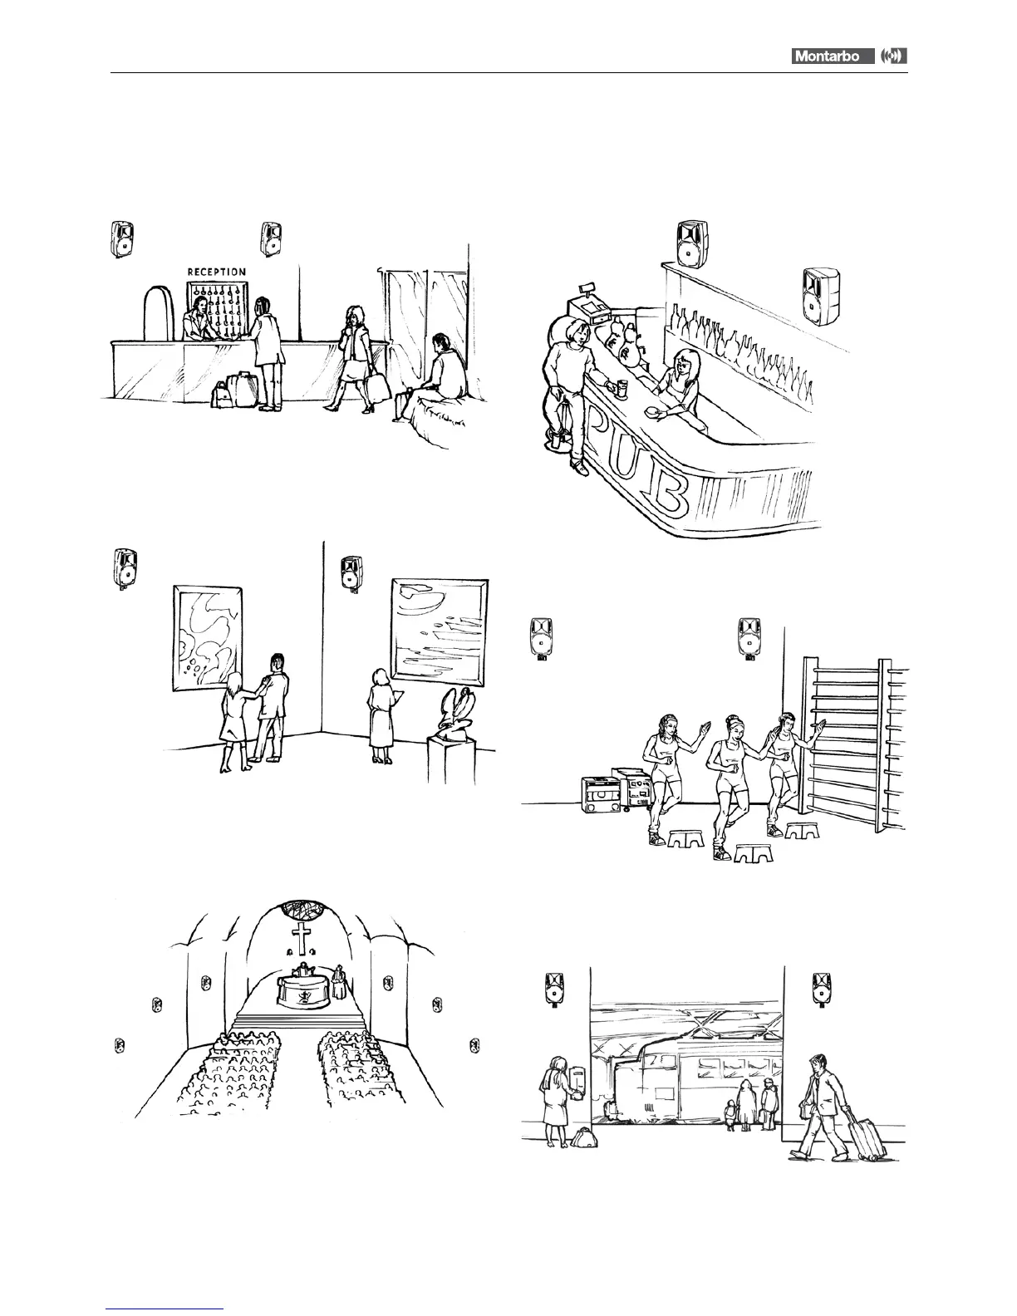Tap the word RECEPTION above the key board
tap(216, 272)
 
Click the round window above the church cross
tap(301, 909)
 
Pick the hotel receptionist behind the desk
tap(199, 320)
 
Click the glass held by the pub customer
tap(621, 385)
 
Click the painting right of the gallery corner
tap(440, 627)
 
